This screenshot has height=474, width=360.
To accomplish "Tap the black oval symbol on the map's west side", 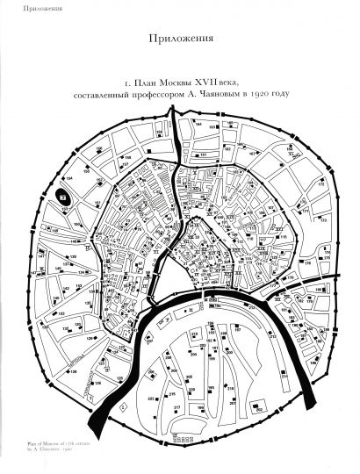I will [x=64, y=196].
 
